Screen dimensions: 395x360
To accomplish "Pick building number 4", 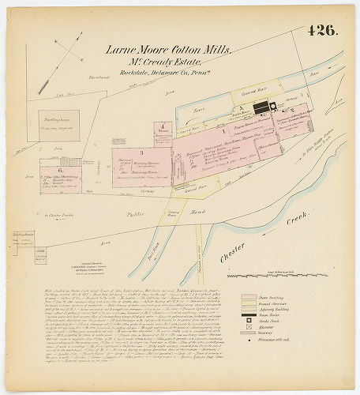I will click(x=161, y=126).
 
